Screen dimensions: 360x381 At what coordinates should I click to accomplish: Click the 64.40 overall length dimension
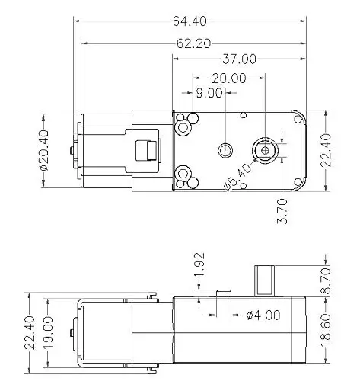(x=190, y=21)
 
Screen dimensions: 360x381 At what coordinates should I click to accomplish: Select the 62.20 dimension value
(x=193, y=43)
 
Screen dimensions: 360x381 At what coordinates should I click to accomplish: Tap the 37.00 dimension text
(x=239, y=59)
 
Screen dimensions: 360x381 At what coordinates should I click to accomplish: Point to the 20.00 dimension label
(x=229, y=78)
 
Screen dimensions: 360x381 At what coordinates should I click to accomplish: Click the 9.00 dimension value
(x=209, y=93)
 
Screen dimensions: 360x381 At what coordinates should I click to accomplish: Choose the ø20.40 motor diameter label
(x=44, y=150)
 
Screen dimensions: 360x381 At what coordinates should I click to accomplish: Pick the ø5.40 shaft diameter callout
(x=237, y=177)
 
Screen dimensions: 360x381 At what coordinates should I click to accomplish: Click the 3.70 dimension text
(x=282, y=211)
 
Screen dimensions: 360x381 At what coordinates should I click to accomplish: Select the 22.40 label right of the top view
(x=326, y=151)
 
